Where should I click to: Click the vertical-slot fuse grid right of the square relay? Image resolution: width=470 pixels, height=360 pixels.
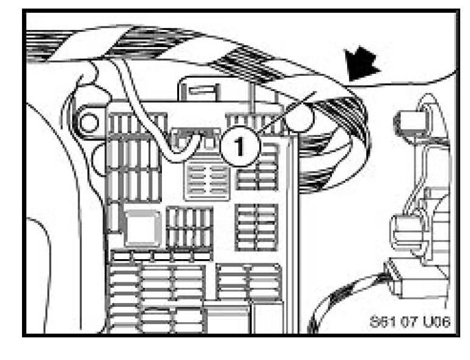(189, 226)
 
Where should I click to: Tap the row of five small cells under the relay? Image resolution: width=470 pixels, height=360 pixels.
(160, 255)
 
